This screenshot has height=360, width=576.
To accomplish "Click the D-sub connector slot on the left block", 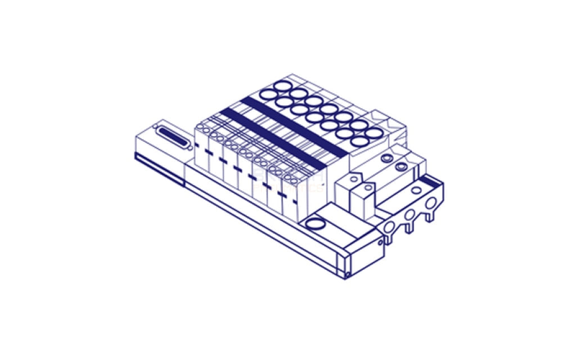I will pos(171,136).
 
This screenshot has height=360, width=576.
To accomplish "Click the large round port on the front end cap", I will pos(316,223).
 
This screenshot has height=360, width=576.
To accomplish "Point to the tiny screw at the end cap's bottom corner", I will pos(348,274).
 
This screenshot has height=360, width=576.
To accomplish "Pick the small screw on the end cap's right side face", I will pos(380,242).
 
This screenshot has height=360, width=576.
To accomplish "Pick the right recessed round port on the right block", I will pos(400,167).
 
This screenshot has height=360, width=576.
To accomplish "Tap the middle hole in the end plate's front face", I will pos(409,214).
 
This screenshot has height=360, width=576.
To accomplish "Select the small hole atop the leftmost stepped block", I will pos(353,178).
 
